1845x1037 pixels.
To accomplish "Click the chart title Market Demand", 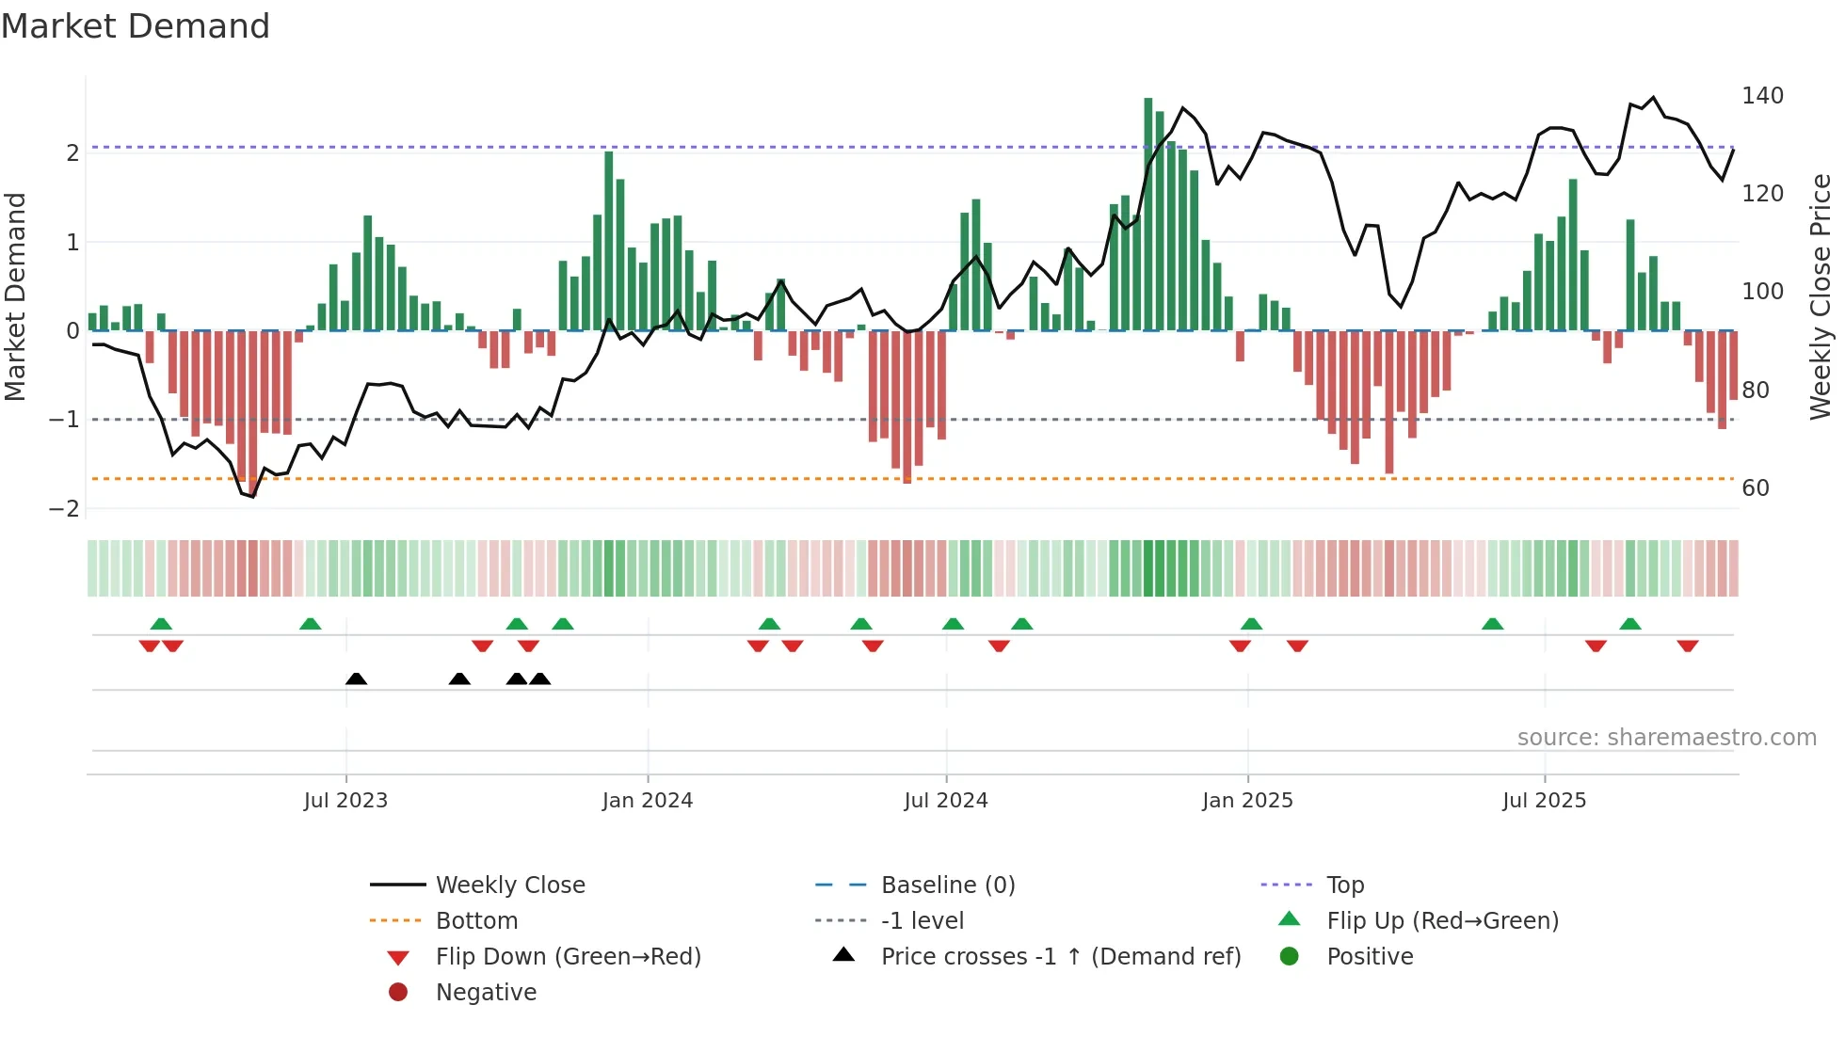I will click(136, 26).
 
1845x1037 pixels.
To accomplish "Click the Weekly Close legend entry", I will click(509, 885).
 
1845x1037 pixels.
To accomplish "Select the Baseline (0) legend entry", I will click(947, 885).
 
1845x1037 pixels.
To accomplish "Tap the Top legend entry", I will click(1344, 885).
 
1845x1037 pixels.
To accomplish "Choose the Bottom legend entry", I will click(476, 920).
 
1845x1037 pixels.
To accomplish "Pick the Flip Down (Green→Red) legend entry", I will click(568, 956).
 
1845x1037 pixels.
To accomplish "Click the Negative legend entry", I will click(486, 992).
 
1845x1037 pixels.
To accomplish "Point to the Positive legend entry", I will click(1370, 956).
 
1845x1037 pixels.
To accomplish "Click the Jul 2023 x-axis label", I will click(345, 800).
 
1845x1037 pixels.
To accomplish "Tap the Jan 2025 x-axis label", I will click(1247, 800).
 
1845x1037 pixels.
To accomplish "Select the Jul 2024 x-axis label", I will click(946, 800).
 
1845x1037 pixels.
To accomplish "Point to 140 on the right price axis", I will click(1762, 95).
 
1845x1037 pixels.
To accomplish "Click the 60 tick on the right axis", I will click(1756, 487).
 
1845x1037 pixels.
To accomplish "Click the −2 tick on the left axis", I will click(65, 508).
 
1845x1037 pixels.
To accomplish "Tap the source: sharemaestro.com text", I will click(1666, 737).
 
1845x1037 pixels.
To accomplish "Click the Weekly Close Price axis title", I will click(1821, 296).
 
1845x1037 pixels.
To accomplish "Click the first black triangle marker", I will click(356, 678).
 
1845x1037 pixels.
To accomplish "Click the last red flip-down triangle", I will click(1687, 646).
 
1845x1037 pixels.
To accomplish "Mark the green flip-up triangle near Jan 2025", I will click(1251, 624).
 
